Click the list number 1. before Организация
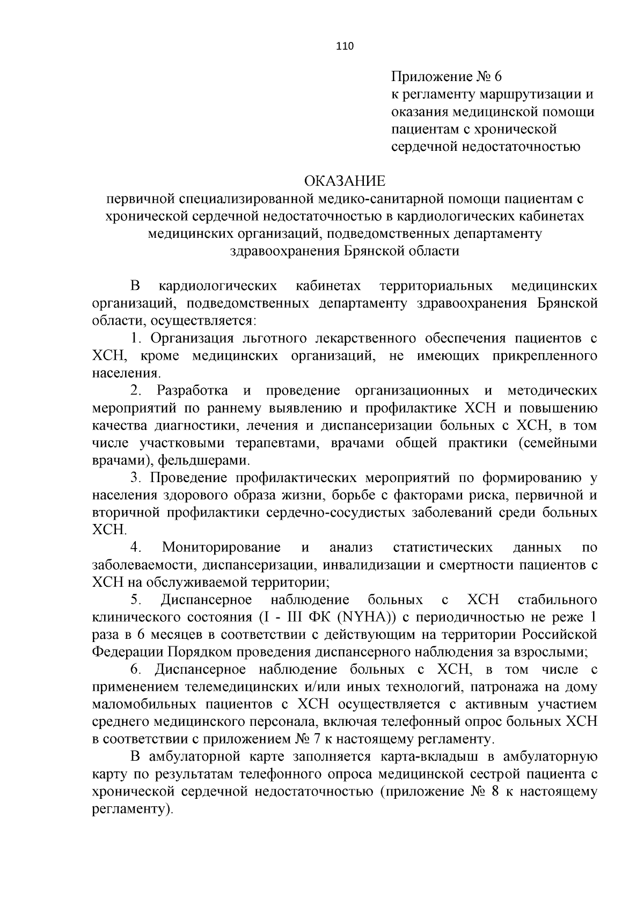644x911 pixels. pos(137,338)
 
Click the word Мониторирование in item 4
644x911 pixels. pos(221,547)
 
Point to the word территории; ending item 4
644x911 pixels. pos(289,582)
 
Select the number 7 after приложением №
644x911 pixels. pos(316,739)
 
